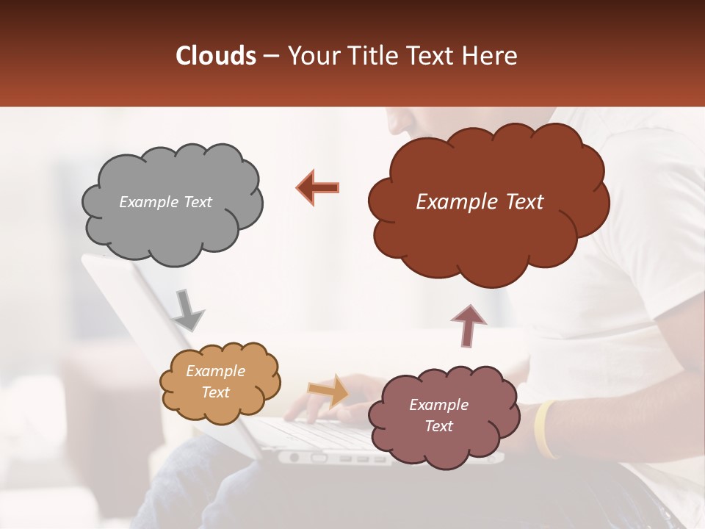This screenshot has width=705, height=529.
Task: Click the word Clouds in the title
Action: pos(215,56)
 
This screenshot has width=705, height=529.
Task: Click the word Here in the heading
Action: pos(491,56)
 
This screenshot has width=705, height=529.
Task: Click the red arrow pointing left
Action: pos(317,187)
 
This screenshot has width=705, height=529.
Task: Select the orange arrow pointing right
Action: pos(328,391)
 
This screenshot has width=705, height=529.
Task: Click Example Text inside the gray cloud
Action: pos(165,202)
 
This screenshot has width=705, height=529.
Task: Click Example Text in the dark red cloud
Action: pos(480,202)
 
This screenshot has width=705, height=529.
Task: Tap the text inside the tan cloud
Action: pos(215,381)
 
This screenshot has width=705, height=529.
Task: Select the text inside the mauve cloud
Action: pos(438,415)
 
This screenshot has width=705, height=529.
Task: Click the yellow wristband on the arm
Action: pos(543,430)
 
